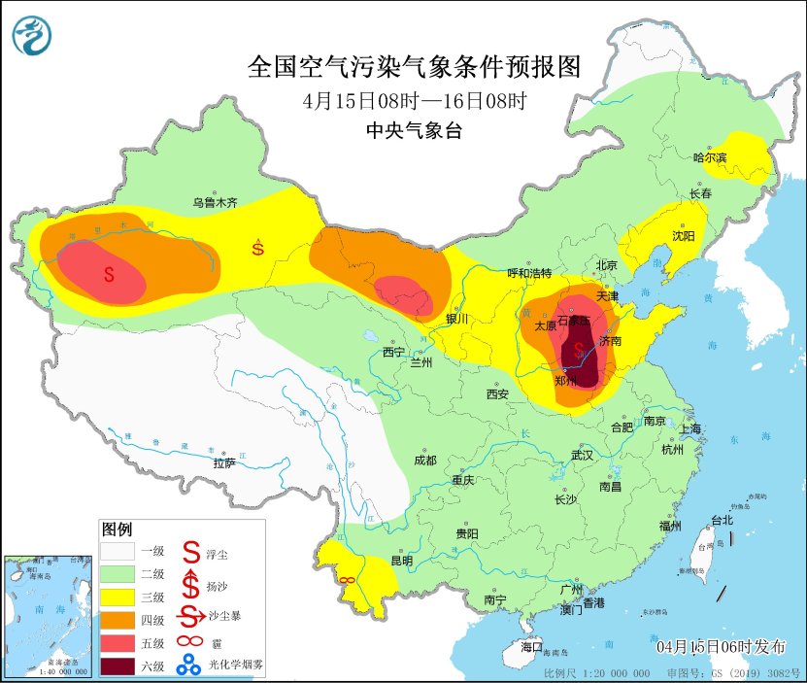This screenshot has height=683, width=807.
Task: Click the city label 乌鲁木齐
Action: tap(214, 203)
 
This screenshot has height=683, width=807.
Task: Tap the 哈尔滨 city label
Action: tap(710, 156)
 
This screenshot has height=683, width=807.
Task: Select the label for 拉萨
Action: tap(224, 463)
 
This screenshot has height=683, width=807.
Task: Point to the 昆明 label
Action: tap(401, 561)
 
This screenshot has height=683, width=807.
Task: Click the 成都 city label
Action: tap(424, 461)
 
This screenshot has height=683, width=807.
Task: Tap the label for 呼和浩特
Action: tap(530, 273)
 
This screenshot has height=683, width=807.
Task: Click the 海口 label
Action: tap(530, 646)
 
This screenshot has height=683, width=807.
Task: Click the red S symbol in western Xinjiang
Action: tap(109, 275)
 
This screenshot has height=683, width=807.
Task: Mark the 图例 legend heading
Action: tap(117, 529)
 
